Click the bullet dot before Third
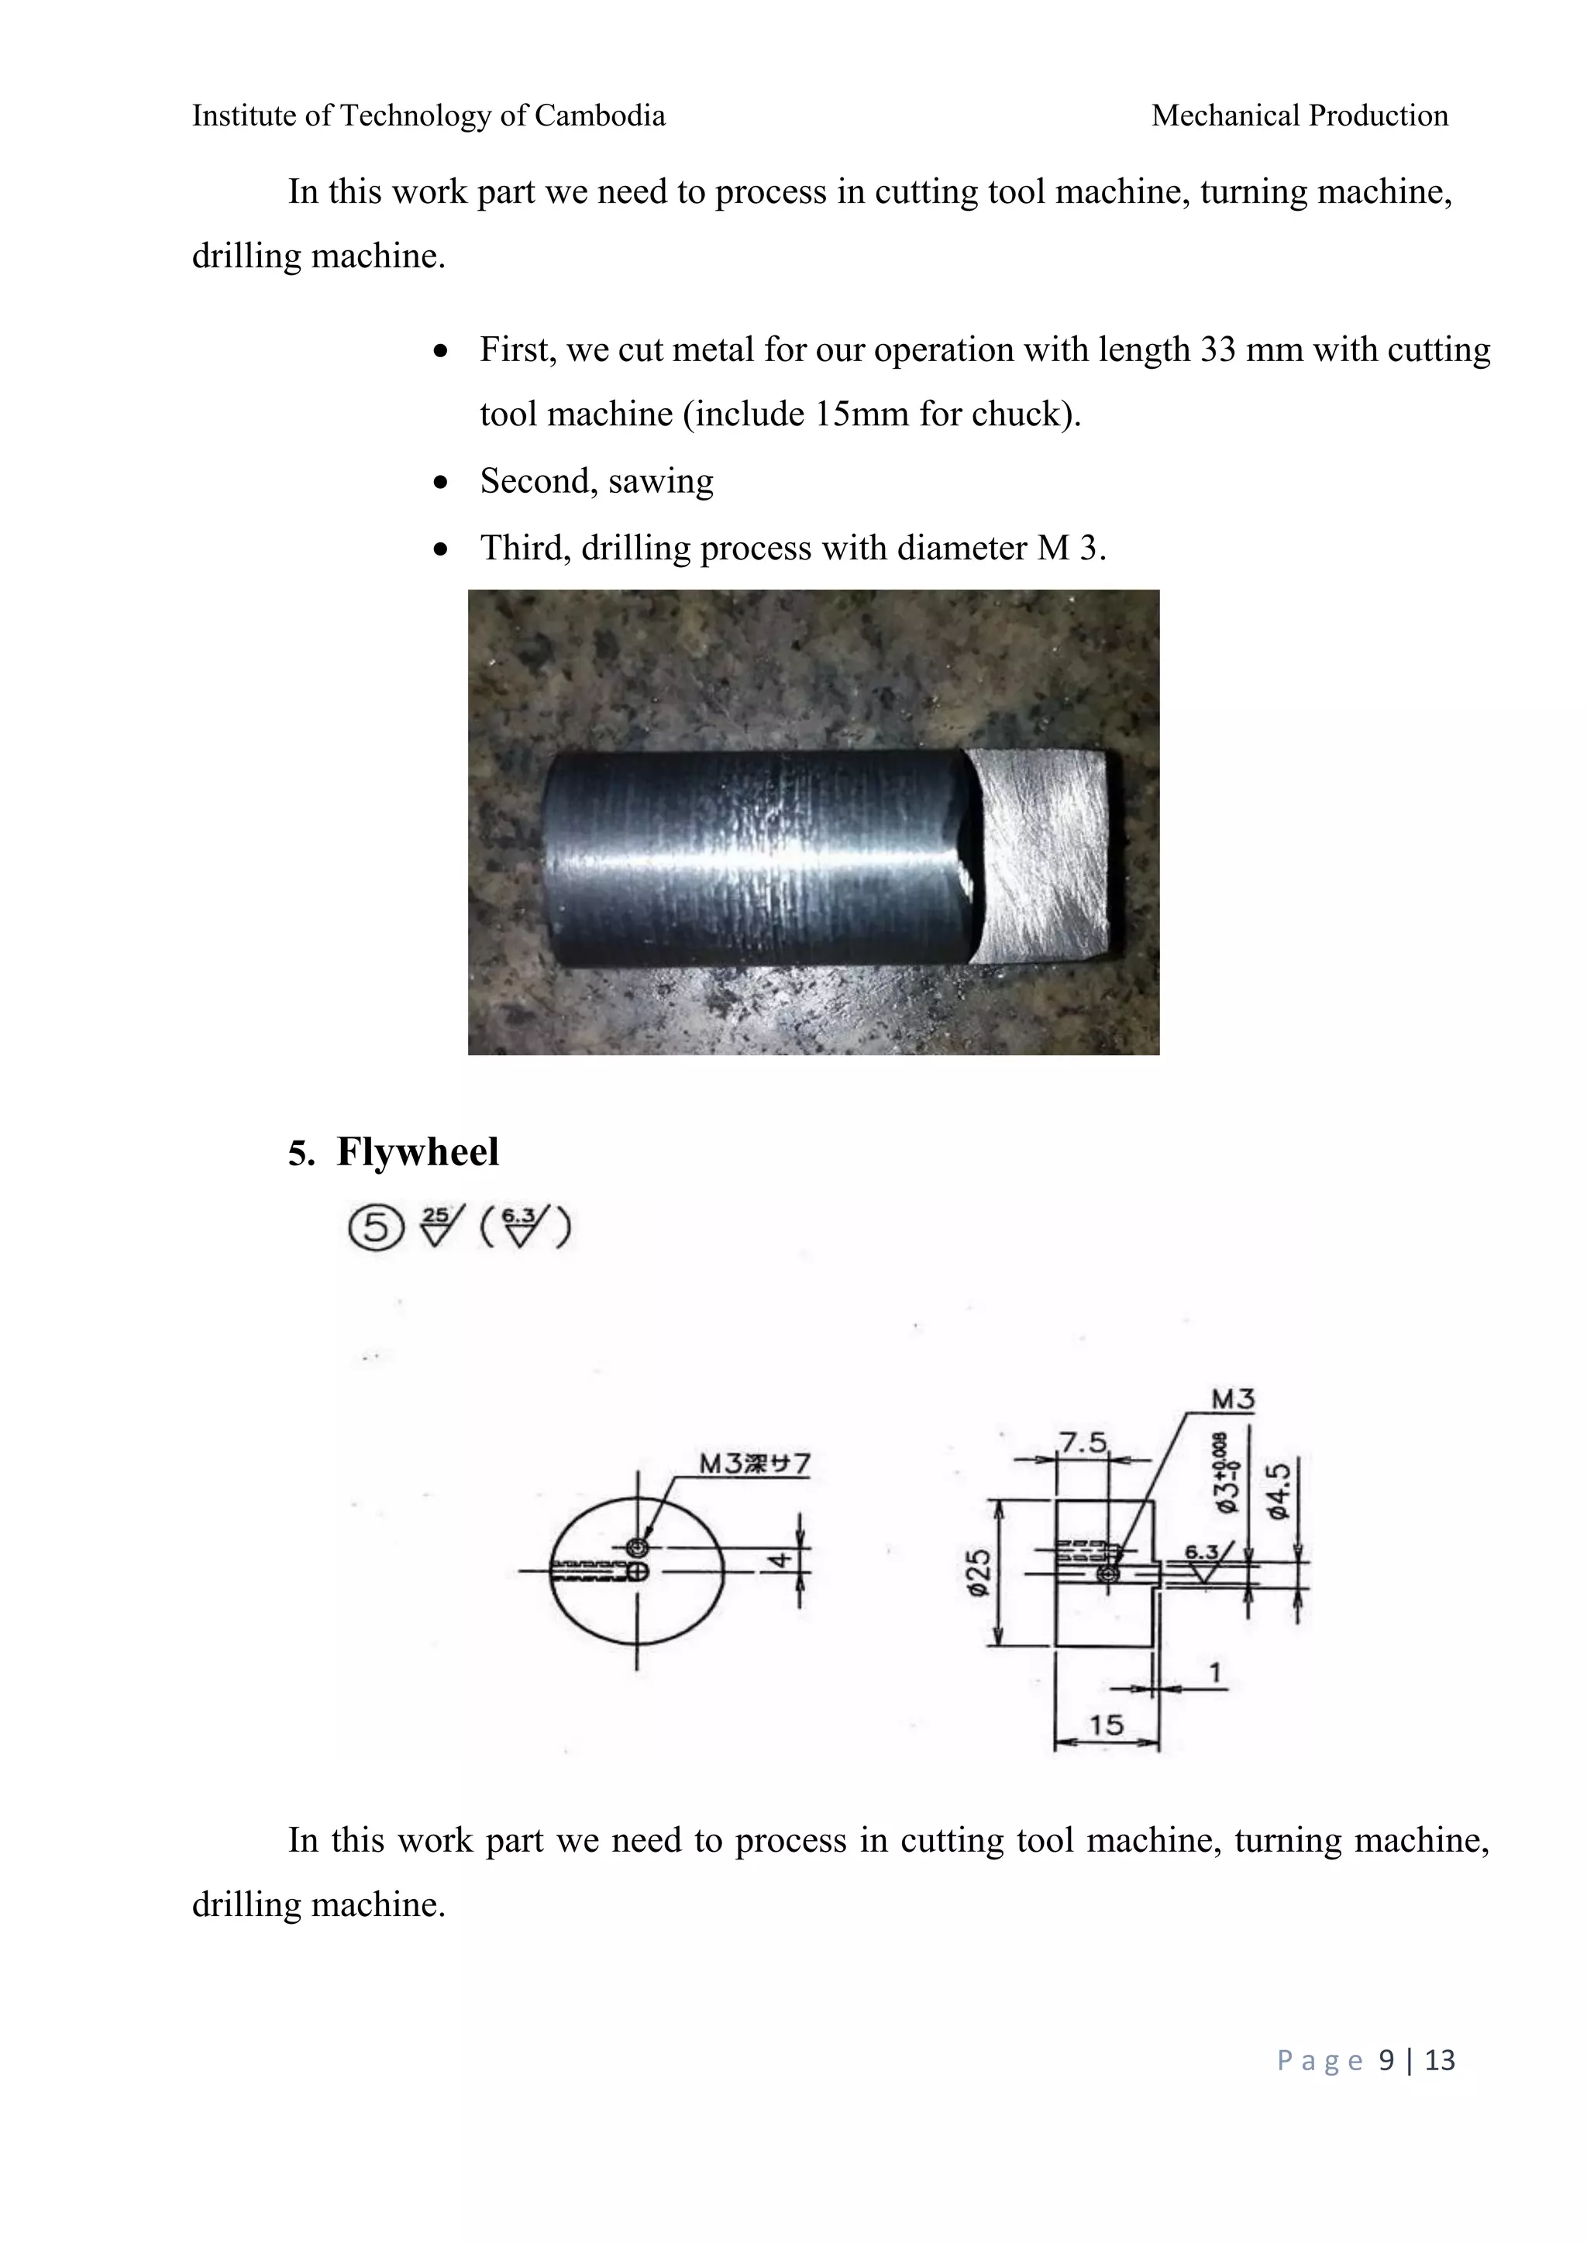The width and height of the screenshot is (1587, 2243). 442,550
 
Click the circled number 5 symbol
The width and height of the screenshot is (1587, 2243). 375,1228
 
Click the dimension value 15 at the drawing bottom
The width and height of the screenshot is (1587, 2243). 1107,1725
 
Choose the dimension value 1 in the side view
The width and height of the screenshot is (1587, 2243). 1215,1673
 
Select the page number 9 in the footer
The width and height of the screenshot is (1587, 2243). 1386,2060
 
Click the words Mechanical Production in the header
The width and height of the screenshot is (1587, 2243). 1299,116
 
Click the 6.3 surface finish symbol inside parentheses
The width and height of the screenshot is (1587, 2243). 522,1228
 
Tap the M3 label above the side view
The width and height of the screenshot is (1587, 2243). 1232,1400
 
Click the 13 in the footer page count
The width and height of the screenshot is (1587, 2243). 1440,2060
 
